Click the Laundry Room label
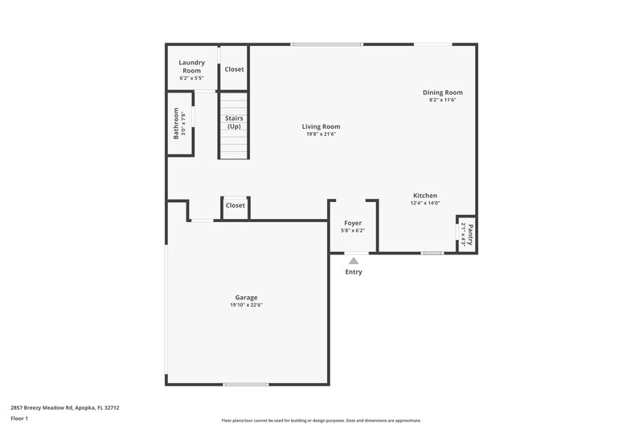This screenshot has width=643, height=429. (x=191, y=62)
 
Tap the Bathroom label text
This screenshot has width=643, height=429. (x=176, y=125)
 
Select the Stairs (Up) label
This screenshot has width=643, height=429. (x=234, y=122)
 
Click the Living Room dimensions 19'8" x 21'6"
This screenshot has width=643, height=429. (x=321, y=134)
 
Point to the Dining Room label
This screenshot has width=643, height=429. (x=443, y=92)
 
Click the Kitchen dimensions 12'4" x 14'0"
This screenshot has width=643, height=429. (x=425, y=204)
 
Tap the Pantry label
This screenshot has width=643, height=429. (x=471, y=234)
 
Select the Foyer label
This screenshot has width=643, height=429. (x=353, y=222)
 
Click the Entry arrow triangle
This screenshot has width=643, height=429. (x=354, y=260)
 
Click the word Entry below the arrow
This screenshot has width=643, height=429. (x=354, y=272)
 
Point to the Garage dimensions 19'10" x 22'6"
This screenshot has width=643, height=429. (x=247, y=305)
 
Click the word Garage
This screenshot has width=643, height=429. (x=247, y=297)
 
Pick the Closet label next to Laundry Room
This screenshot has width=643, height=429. (x=235, y=69)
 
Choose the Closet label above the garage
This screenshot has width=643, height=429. (x=235, y=205)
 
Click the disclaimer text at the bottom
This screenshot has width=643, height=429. (x=321, y=420)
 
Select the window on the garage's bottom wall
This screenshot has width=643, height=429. (x=246, y=384)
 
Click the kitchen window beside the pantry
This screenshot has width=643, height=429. (x=432, y=254)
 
